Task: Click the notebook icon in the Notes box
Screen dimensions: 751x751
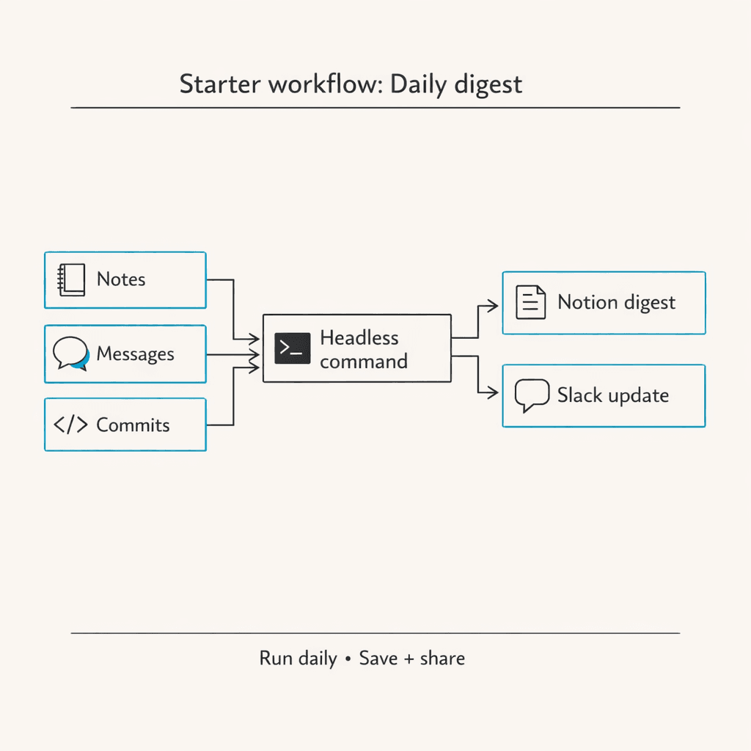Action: point(71,279)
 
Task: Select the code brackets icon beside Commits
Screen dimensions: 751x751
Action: point(71,425)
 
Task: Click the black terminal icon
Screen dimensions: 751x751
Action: point(291,348)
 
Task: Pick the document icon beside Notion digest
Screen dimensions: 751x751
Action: point(530,302)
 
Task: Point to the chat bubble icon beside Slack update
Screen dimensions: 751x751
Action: point(531,395)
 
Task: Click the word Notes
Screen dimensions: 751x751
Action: point(121,279)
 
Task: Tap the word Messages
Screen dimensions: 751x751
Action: point(135,354)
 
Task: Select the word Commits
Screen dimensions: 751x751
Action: point(133,425)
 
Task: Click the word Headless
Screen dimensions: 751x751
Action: point(359,338)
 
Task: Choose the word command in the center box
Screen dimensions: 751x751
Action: point(364,362)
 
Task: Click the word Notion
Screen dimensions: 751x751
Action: point(587,302)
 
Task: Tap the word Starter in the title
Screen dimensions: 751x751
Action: point(219,84)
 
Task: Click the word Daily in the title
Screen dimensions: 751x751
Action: point(418,84)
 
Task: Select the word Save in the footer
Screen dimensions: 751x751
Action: point(377,658)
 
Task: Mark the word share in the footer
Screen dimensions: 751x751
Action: point(442,658)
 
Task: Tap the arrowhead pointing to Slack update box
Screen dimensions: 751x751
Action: point(494,393)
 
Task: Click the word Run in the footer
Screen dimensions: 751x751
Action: point(276,658)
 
